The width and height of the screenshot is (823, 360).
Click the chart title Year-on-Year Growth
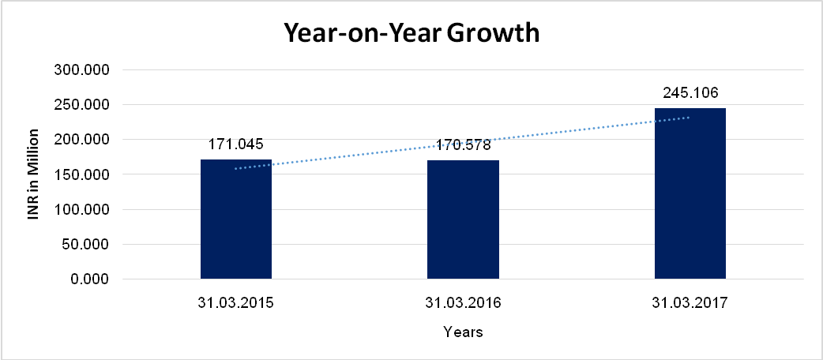[411, 34]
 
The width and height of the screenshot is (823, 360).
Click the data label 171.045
[236, 144]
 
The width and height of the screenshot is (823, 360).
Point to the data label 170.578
[463, 144]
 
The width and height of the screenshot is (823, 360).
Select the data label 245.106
[690, 92]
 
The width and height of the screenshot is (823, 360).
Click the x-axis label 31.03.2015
[236, 303]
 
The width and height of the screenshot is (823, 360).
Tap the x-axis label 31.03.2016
[463, 303]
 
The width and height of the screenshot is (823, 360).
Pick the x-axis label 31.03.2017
[690, 303]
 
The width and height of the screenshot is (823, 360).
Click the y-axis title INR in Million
[33, 174]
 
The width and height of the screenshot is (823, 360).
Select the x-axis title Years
[463, 332]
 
